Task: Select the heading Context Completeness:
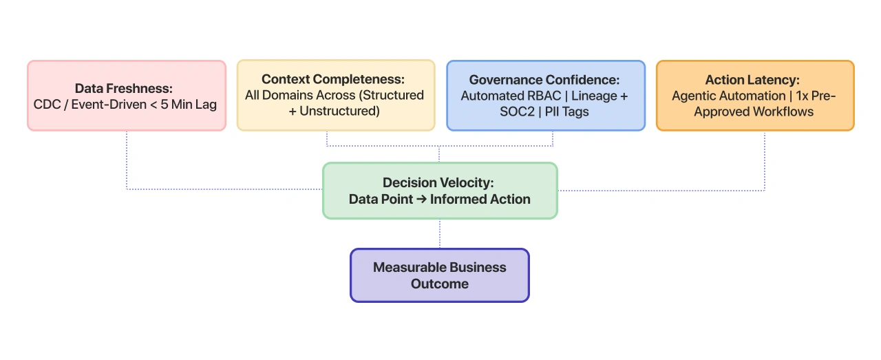click(x=336, y=79)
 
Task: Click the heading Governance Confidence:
click(x=544, y=80)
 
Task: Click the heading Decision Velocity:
click(x=438, y=182)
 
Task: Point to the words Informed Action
click(x=480, y=200)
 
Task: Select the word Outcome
click(x=439, y=284)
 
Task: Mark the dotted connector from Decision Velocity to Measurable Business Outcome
click(x=440, y=233)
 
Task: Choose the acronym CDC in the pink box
click(x=46, y=105)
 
